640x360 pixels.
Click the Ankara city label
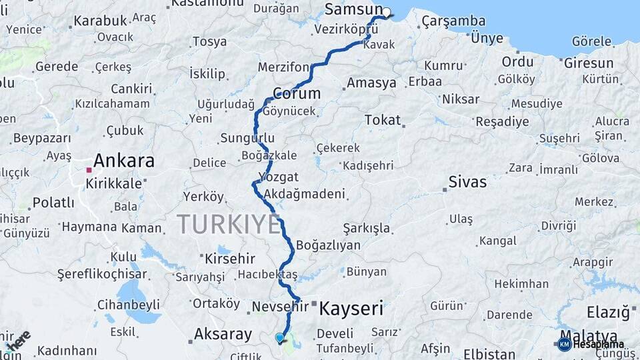pyautogui.click(x=123, y=161)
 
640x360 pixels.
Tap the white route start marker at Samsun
pyautogui.click(x=386, y=12)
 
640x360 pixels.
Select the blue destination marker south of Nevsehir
pyautogui.click(x=279, y=338)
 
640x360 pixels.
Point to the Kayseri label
pyautogui.click(x=351, y=309)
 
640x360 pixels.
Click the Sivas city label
pyautogui.click(x=467, y=181)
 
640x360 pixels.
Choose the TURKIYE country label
pyautogui.click(x=229, y=225)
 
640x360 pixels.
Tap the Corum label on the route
pyautogui.click(x=297, y=93)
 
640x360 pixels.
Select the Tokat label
pyautogui.click(x=383, y=120)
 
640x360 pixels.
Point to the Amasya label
pyautogui.click(x=371, y=83)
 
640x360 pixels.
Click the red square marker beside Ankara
pyautogui.click(x=88, y=170)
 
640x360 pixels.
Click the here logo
pyautogui.click(x=18, y=341)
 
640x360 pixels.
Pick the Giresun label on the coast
pyautogui.click(x=589, y=63)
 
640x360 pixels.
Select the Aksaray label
pyautogui.click(x=223, y=334)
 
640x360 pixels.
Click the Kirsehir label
pyautogui.click(x=231, y=258)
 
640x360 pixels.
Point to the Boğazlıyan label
pyautogui.click(x=328, y=245)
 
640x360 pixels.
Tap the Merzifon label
pyautogui.click(x=283, y=67)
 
